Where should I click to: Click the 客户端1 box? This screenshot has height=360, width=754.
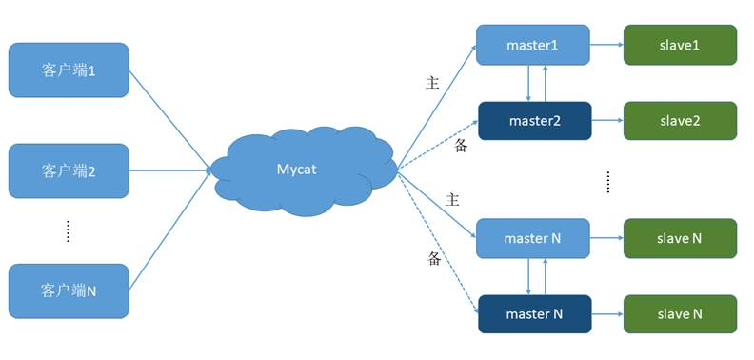coord(69,70)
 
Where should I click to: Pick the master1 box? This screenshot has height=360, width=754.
coord(532,45)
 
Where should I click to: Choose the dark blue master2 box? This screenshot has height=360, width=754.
coord(534,121)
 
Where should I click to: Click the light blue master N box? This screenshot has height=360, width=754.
coord(532,238)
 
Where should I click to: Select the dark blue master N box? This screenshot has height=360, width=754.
coord(534,314)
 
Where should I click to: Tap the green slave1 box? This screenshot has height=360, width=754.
coord(680,45)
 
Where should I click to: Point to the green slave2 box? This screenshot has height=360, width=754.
coord(680,121)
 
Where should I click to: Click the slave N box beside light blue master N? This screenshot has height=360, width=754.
coord(680,238)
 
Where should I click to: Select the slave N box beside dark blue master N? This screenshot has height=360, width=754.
coord(680,314)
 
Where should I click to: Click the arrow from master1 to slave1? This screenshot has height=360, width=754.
coord(606,45)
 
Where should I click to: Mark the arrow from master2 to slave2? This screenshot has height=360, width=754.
coord(606,121)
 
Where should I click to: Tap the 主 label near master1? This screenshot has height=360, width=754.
coord(431,83)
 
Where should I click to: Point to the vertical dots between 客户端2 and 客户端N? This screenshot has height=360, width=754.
coord(68,231)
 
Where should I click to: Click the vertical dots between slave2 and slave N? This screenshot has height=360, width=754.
coord(607,181)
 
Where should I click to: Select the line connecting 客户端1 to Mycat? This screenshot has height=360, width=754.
coord(169,119)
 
